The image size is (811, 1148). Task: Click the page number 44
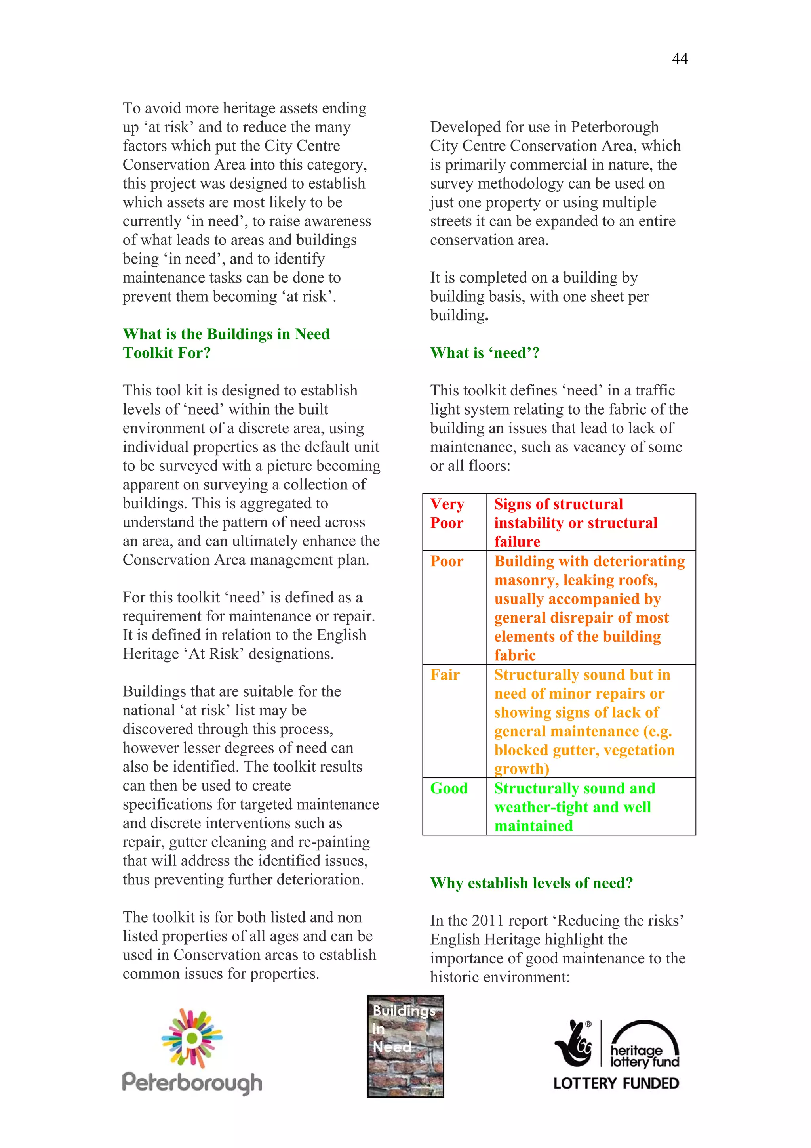[x=680, y=59]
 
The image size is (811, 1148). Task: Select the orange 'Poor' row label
[x=447, y=561]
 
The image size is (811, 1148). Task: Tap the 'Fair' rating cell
[x=445, y=674]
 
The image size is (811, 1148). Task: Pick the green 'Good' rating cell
[x=449, y=788]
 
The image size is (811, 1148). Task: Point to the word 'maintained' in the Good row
[x=533, y=825]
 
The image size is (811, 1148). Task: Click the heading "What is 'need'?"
[x=485, y=353]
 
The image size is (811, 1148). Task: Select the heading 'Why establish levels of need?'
[x=531, y=883]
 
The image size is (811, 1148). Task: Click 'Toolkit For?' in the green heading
[x=167, y=353]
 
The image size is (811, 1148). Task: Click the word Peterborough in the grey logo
[x=192, y=1083]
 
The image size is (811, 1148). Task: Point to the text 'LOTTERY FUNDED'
[x=616, y=1083]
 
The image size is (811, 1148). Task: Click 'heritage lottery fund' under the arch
[x=644, y=1056]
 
